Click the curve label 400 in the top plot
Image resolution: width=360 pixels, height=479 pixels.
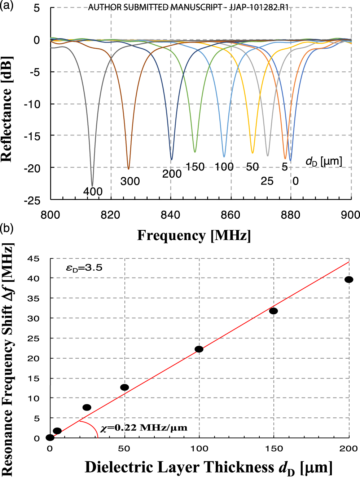[x=93, y=191]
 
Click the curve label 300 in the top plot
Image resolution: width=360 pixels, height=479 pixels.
[x=130, y=181]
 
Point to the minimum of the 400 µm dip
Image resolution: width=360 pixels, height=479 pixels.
[x=92, y=186]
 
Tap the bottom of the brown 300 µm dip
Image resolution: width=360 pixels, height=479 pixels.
[x=128, y=169]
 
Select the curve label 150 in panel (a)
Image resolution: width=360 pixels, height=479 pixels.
[x=195, y=167]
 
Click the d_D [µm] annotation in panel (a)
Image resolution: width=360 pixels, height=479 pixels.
[x=324, y=161]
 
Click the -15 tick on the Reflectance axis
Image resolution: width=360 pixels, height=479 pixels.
[x=32, y=136]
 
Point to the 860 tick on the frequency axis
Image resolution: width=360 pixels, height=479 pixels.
[x=231, y=215]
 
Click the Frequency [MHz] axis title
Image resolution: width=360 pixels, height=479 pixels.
[x=194, y=235]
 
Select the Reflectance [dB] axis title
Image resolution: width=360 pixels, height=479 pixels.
[x=7, y=109]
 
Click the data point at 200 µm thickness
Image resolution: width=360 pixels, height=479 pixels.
[x=348, y=279]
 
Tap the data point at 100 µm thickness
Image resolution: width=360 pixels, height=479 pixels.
[x=199, y=349]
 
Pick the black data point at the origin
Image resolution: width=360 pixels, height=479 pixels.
[x=50, y=438]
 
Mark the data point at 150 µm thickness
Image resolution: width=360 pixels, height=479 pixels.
[x=273, y=311]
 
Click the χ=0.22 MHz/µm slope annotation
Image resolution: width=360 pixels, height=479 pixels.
[x=144, y=428]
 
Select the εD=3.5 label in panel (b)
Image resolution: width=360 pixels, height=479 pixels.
[x=84, y=268]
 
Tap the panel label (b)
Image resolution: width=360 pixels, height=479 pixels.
[x=6, y=228]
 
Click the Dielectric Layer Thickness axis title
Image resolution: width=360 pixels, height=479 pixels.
[x=208, y=467]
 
